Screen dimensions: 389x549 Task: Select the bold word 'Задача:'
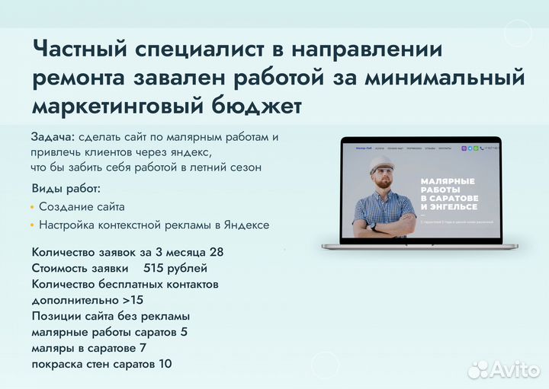[53, 137]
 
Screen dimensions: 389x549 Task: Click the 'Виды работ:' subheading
[66, 188]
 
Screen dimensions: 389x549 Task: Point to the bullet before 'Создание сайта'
[32, 207]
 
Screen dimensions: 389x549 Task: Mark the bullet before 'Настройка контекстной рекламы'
[32, 225]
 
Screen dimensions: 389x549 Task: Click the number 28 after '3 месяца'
[216, 252]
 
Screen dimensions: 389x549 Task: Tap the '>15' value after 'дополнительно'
[132, 300]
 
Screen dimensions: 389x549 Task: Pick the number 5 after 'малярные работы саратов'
[184, 332]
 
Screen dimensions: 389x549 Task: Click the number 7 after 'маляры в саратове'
[143, 348]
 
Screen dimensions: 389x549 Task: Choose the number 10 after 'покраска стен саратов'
[165, 364]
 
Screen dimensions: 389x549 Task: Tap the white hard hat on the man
[382, 164]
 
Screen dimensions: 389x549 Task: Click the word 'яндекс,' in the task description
[186, 152]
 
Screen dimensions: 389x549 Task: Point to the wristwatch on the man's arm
[373, 226]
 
